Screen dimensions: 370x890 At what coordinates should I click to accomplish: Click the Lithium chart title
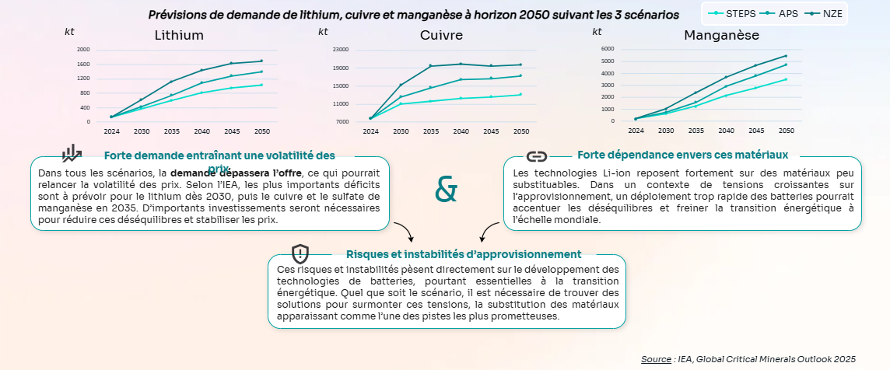coord(179,35)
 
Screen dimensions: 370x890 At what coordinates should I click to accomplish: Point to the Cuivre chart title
coord(441,35)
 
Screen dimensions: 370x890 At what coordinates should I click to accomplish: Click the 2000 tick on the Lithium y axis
coord(83,50)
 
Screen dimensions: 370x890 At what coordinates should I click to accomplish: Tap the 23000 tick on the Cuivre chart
coord(341,50)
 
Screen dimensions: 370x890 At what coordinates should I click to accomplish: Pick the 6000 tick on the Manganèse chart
coord(608,49)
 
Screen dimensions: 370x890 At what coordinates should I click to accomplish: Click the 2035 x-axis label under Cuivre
coord(430,131)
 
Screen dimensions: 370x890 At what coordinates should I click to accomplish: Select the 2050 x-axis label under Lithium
coord(261,131)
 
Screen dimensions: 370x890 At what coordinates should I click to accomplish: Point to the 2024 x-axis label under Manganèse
coord(636,131)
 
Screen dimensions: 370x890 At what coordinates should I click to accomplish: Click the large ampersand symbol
coord(446,189)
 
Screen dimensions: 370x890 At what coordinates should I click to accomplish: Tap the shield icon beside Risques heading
coord(300,253)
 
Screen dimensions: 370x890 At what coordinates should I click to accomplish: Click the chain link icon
coord(537,155)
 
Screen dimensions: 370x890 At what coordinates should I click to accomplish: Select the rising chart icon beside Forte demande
coord(72,153)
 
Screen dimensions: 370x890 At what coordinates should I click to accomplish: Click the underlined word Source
coord(657,358)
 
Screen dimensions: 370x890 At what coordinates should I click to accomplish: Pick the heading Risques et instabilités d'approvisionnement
coord(463,254)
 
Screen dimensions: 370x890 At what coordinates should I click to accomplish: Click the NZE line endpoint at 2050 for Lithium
coord(261,61)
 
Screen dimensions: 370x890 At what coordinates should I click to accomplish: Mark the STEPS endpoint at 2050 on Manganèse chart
coord(786,79)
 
